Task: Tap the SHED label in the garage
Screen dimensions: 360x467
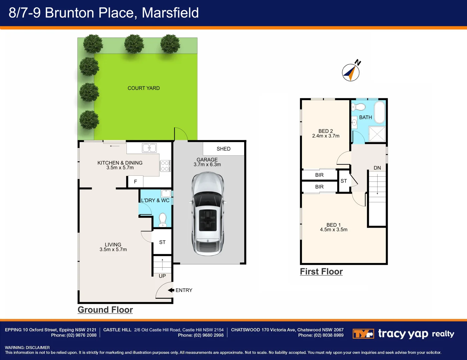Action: [x=223, y=149]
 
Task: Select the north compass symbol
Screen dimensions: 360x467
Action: [x=351, y=72]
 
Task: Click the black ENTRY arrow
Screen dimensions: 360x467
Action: [x=171, y=290]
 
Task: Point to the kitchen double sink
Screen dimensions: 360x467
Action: [x=149, y=148]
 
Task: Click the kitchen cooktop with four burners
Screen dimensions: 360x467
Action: [x=165, y=166]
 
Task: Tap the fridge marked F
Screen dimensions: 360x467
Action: [x=135, y=182]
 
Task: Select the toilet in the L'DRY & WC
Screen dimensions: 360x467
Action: [x=162, y=220]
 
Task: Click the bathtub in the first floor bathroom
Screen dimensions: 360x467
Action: [x=380, y=112]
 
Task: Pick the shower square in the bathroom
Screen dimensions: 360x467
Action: [x=377, y=134]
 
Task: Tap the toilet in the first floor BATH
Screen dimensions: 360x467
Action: [x=359, y=107]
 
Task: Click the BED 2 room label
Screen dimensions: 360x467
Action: [x=326, y=131]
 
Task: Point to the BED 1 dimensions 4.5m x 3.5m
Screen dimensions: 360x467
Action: [x=334, y=230]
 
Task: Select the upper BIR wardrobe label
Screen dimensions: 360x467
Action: [x=319, y=175]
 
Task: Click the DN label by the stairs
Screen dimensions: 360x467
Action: [x=377, y=168]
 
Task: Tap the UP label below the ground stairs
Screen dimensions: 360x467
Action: [x=162, y=276]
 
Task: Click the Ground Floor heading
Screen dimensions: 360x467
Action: [x=105, y=310]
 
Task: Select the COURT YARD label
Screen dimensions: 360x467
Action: [x=143, y=88]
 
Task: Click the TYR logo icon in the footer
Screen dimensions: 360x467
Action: [x=363, y=334]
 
